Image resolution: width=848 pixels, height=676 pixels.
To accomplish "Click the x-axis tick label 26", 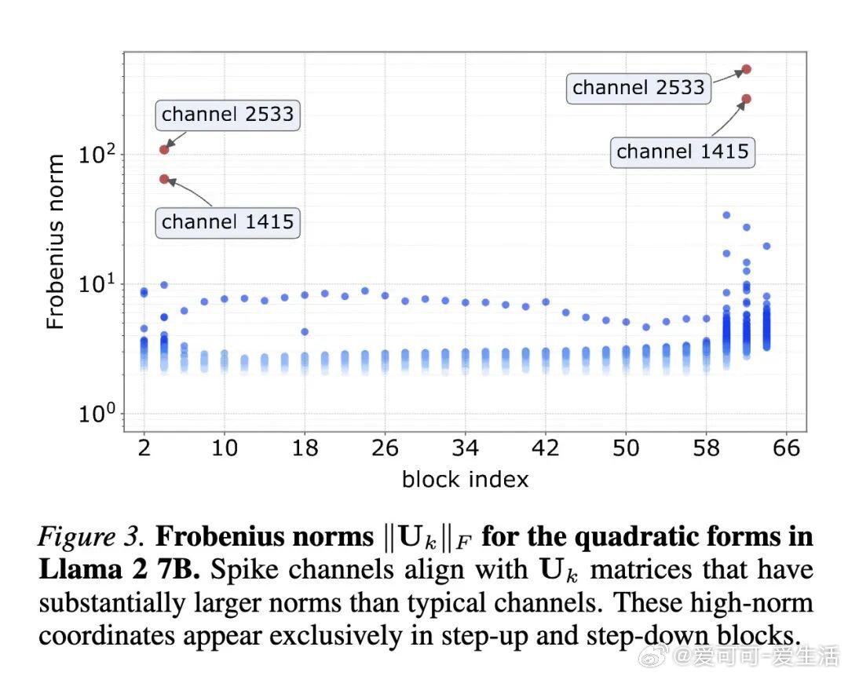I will pos(386,448).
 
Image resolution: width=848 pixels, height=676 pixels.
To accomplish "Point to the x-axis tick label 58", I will pos(707,448).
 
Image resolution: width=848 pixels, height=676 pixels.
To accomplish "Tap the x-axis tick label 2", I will pos(144,448).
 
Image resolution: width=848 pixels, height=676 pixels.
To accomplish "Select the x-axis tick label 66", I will pos(786,448).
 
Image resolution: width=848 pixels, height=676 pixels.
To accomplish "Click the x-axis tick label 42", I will pos(546,448).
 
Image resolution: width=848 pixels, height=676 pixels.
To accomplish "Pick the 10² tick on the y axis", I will pos(98,154).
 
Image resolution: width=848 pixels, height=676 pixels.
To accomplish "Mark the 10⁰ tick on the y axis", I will pos(98,414).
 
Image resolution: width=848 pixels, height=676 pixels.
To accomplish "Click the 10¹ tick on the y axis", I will pos(98,284).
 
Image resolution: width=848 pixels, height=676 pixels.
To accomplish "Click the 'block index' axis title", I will pos(465,479).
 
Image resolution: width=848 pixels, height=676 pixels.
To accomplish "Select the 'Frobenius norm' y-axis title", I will pos(55,242).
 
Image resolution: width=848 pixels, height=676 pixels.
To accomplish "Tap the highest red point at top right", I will pos(747,69).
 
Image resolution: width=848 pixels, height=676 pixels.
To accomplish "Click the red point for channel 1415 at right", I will pos(747,99).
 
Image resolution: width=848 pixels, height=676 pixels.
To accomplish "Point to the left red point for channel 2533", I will pos(164,149).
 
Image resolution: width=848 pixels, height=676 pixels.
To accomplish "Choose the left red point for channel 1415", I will pos(164,179).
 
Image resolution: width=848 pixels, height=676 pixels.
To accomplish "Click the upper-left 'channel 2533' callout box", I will pos(228,115).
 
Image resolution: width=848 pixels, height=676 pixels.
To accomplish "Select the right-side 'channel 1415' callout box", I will pos(682,151).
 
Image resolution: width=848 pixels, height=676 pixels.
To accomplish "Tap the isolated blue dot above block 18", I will pos(305,331).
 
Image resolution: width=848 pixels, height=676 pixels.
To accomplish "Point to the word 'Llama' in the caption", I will pos(73,571).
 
